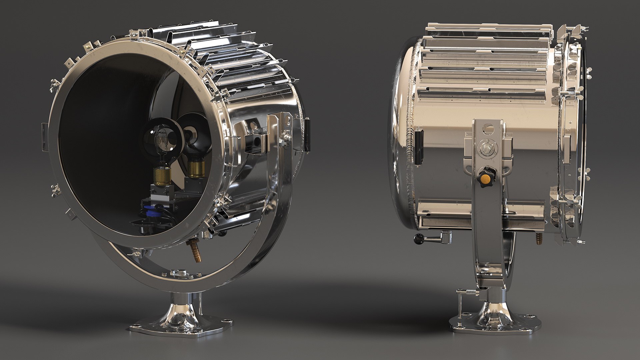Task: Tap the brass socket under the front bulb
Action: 161,176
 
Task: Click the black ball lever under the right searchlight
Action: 418,238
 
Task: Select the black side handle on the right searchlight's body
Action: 419,147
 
